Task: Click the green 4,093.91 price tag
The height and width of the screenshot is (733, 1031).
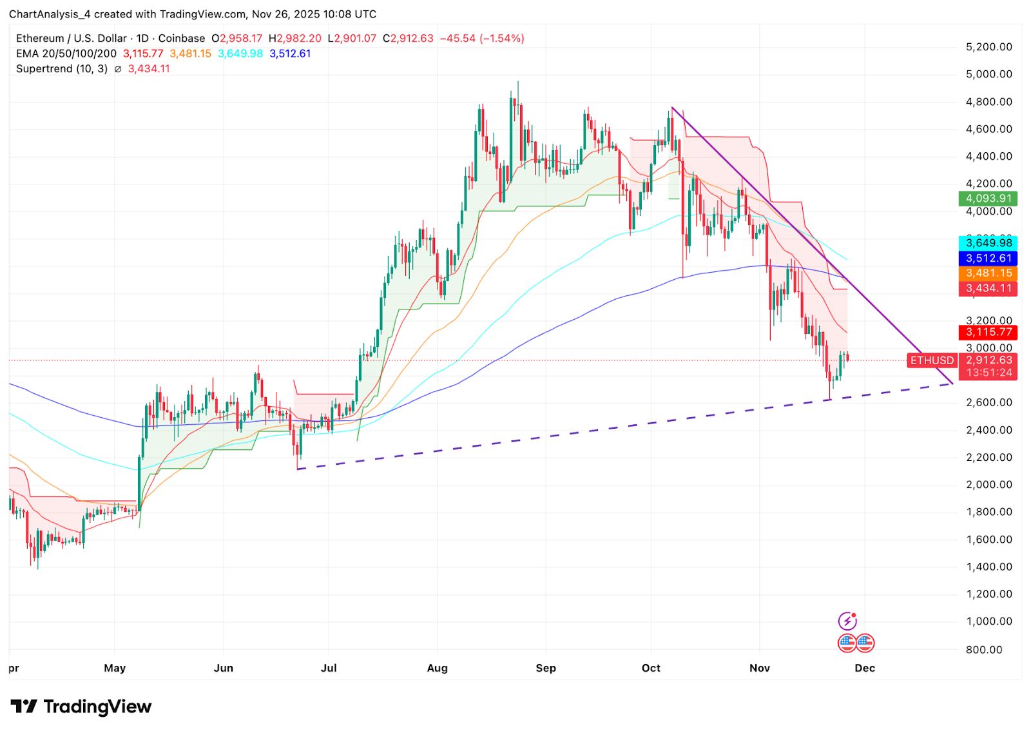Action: click(x=988, y=199)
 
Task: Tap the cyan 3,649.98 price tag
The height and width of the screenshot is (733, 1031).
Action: click(x=988, y=243)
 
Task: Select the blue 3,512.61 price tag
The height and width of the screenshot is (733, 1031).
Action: click(x=988, y=259)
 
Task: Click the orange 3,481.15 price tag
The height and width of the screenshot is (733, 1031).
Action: click(x=988, y=273)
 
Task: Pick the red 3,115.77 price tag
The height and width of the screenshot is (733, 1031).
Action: click(x=988, y=332)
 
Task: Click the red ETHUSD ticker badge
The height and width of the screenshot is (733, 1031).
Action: click(x=932, y=360)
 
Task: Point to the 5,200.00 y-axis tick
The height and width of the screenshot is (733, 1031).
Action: click(x=988, y=47)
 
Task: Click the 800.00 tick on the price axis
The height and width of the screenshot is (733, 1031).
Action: click(x=984, y=649)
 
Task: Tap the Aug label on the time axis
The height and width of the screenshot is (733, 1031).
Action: click(x=437, y=668)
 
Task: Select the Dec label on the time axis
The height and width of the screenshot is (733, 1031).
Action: click(x=864, y=668)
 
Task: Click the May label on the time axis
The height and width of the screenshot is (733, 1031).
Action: click(x=115, y=668)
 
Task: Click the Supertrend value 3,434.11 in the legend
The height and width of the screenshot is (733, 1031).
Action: click(x=149, y=69)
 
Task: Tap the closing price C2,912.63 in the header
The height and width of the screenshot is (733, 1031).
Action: click(x=408, y=39)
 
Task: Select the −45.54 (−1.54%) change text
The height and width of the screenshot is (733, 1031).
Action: click(x=482, y=39)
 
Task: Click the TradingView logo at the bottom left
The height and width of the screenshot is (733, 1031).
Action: click(x=81, y=707)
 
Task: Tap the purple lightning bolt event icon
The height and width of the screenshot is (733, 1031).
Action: click(x=847, y=621)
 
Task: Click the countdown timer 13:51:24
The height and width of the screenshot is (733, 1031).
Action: click(x=988, y=373)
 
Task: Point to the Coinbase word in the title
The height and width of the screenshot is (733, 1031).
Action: click(x=182, y=39)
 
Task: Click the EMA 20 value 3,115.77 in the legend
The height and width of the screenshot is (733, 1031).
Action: click(x=143, y=54)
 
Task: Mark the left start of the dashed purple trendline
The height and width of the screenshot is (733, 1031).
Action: click(x=298, y=469)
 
